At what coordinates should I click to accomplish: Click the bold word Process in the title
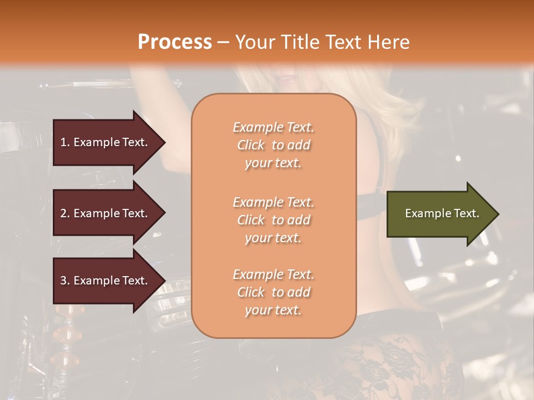[x=175, y=42]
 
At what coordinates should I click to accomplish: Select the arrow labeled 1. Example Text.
[x=106, y=142]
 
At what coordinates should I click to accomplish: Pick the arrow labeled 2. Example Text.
[x=106, y=213]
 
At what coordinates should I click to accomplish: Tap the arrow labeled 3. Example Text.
[x=106, y=281]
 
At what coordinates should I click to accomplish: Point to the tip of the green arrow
[x=498, y=214]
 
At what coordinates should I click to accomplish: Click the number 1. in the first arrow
[x=65, y=142]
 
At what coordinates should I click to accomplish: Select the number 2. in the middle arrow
[x=65, y=213]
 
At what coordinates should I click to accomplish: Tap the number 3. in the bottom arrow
[x=65, y=281]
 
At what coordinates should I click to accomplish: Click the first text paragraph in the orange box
[x=273, y=145]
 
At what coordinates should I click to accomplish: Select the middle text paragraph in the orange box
[x=273, y=220]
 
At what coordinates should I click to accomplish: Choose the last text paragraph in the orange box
[x=273, y=292]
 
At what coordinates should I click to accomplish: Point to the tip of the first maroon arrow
[x=165, y=142]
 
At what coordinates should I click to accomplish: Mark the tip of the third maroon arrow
[x=165, y=281]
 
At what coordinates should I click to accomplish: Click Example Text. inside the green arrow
[x=442, y=213]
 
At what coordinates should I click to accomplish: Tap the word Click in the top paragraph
[x=251, y=145]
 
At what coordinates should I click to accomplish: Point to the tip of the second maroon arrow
[x=165, y=213]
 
